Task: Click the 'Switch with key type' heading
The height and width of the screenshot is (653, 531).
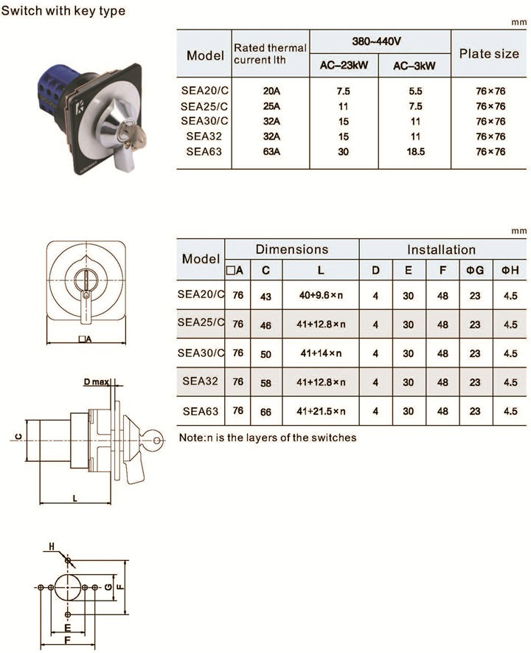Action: click(63, 10)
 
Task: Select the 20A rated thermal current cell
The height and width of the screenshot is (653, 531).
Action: click(271, 91)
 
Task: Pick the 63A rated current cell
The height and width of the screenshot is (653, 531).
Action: click(271, 151)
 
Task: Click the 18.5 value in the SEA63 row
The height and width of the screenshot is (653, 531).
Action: click(415, 151)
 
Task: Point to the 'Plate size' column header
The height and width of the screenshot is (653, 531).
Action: click(489, 54)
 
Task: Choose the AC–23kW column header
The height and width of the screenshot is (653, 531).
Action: click(344, 66)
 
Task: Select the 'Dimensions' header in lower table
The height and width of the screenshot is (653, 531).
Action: click(292, 249)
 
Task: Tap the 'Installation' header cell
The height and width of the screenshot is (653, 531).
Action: click(441, 249)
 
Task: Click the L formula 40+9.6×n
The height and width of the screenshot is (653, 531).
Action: click(321, 295)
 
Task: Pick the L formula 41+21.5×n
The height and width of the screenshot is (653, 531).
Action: click(321, 411)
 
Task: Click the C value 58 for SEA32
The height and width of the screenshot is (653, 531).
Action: click(265, 383)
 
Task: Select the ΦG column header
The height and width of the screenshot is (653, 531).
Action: click(475, 270)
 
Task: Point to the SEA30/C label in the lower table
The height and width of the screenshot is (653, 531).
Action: click(201, 353)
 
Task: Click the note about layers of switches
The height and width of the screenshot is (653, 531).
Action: click(268, 438)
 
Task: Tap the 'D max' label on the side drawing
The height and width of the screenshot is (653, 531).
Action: click(97, 381)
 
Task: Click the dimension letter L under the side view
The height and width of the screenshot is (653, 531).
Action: click(75, 498)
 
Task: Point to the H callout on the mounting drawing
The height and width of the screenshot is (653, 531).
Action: click(52, 547)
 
